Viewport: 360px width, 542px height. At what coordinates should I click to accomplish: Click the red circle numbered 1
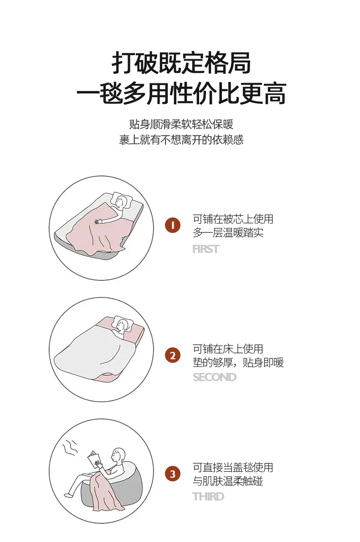173,225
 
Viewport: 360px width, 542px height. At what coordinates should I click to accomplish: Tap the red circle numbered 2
173,356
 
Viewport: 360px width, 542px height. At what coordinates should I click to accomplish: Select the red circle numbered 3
173,474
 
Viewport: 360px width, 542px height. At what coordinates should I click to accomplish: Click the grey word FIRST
206,249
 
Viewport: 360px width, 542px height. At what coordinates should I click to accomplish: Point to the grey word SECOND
215,377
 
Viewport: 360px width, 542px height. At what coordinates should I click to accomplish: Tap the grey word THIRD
208,496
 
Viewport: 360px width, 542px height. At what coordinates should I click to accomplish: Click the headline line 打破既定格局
181,63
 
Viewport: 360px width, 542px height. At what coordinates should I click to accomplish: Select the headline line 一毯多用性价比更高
181,93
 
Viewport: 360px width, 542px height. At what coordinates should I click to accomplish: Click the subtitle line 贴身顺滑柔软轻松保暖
181,124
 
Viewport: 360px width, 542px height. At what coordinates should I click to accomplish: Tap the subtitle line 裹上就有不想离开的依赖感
181,139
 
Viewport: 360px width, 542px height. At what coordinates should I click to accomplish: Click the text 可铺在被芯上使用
233,219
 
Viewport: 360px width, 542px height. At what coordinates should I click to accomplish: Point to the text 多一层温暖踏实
228,232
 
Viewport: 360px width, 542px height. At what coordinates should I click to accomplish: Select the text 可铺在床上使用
228,349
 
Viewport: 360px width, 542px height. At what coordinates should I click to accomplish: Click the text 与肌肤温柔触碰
228,481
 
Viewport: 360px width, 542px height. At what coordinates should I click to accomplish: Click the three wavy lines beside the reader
69,449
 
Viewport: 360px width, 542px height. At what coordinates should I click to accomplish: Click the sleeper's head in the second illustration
122,325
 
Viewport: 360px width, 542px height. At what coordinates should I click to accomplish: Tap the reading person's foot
69,495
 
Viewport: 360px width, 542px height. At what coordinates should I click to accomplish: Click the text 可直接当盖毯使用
233,467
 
